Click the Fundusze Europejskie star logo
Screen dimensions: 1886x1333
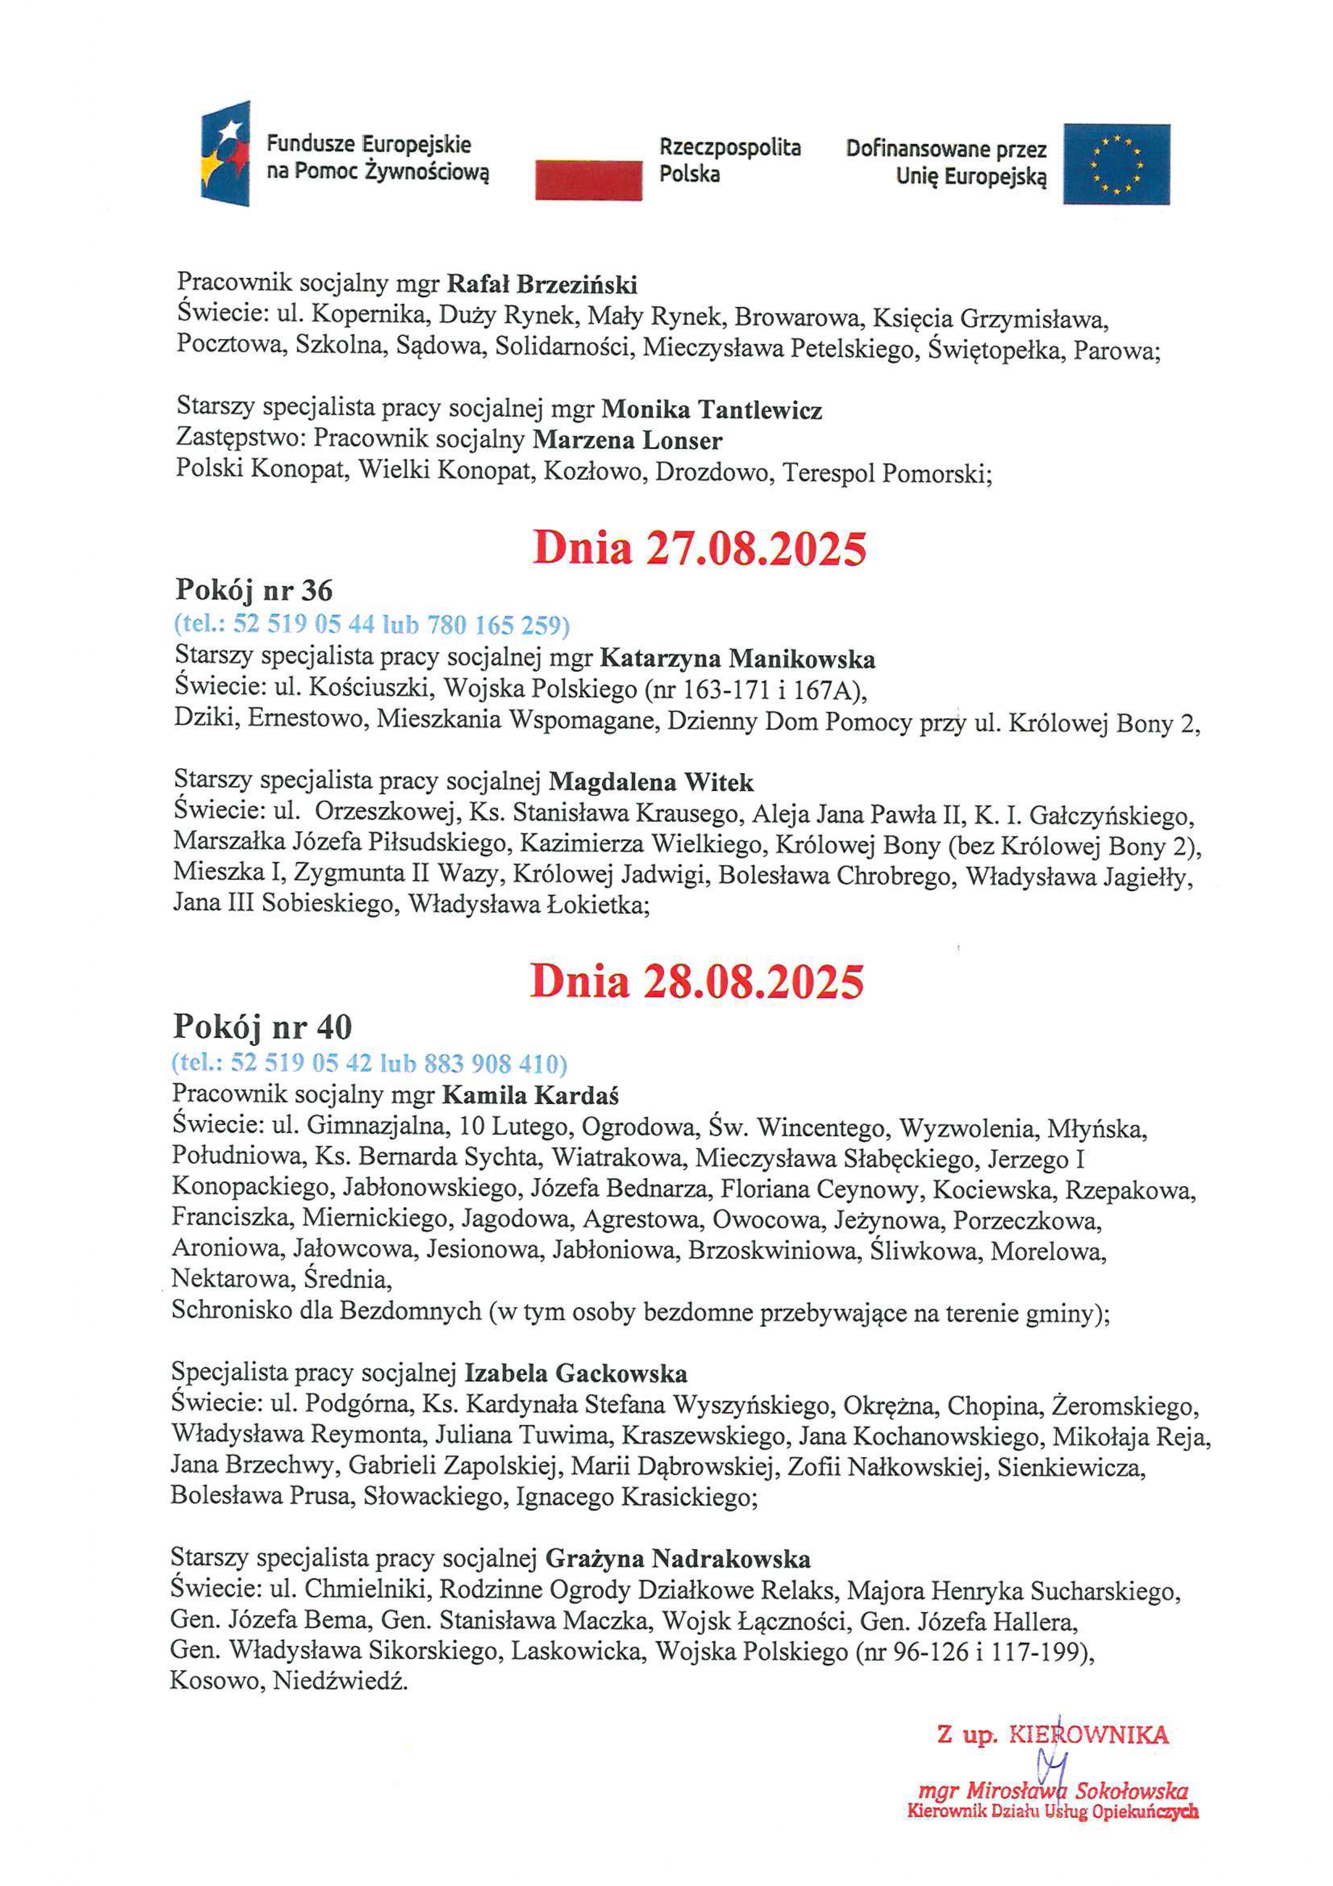[225, 154]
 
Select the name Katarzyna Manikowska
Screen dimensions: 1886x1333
[737, 658]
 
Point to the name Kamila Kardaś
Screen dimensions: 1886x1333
[530, 1095]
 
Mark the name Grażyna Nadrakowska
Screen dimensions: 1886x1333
[678, 1559]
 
